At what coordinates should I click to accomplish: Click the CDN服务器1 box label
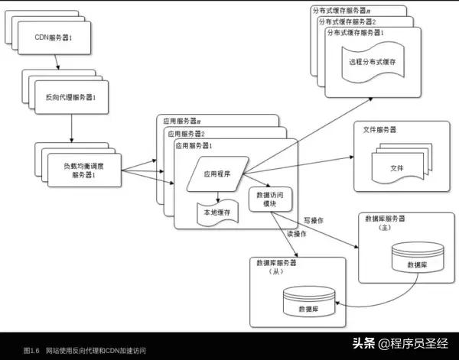(54, 37)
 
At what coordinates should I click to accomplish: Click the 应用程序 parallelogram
(217, 174)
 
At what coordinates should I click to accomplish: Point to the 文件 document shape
(398, 167)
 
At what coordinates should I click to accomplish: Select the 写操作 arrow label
(314, 220)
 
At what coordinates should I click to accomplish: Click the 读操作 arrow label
(297, 234)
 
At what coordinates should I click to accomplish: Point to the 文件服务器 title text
(381, 130)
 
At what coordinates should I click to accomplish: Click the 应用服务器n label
(182, 121)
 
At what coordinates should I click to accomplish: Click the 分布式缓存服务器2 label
(349, 21)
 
